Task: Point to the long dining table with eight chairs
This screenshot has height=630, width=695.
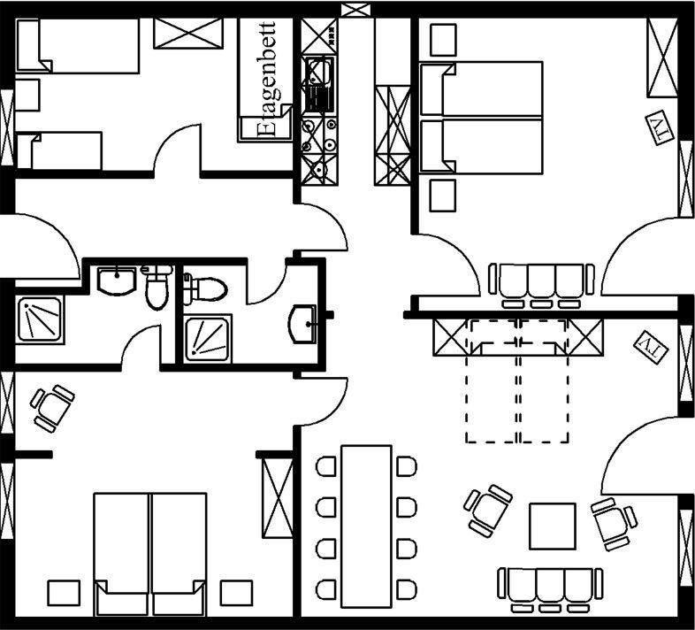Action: pyautogui.click(x=366, y=525)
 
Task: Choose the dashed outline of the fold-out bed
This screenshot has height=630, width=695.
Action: pyautogui.click(x=517, y=380)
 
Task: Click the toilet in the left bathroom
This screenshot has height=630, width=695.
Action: pyautogui.click(x=157, y=288)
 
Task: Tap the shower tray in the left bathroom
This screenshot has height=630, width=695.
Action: pyautogui.click(x=39, y=319)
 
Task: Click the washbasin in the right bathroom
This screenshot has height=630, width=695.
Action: pyautogui.click(x=303, y=322)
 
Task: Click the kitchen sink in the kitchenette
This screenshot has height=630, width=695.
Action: pyautogui.click(x=317, y=76)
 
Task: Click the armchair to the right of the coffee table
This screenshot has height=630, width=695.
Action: pyautogui.click(x=613, y=522)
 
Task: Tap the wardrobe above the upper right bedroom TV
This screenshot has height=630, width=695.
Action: pyautogui.click(x=663, y=57)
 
